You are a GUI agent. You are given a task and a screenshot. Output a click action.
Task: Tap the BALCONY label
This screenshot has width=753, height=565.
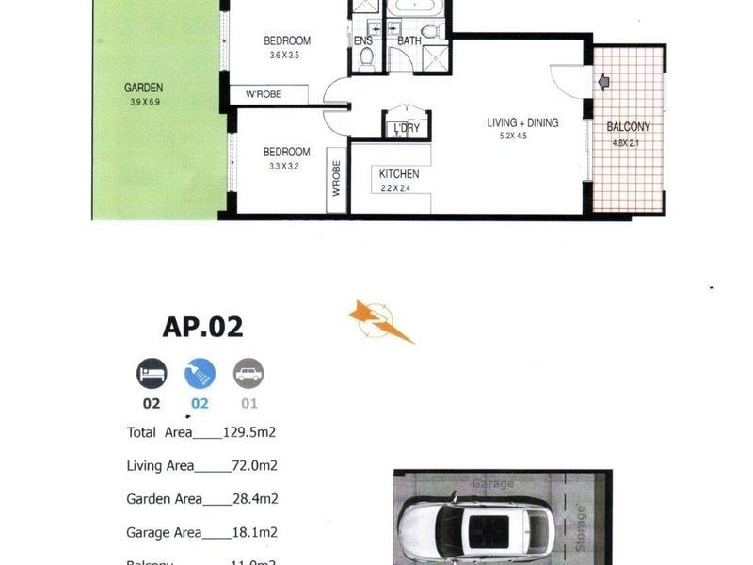[x=628, y=126]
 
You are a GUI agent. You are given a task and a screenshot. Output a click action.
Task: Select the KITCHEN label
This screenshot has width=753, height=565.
[x=399, y=174]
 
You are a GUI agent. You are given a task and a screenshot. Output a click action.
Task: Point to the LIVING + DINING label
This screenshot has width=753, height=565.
[x=522, y=122]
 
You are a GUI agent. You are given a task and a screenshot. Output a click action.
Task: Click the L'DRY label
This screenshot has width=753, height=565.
[x=407, y=128]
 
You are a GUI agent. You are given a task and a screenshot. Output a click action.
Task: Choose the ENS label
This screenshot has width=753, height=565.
[x=362, y=41]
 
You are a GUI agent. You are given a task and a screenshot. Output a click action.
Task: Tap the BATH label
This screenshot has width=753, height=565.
[x=409, y=41]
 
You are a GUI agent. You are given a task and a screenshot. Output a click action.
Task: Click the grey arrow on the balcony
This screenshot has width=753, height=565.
[x=603, y=83]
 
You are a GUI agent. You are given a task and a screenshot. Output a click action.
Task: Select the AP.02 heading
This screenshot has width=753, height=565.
[x=202, y=326]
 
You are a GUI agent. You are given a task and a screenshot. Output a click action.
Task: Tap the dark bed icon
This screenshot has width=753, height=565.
[x=152, y=374]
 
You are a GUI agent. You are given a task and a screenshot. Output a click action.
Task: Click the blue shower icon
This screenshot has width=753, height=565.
[x=200, y=374]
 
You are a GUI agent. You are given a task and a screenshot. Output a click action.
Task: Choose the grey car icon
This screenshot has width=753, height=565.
[x=248, y=374]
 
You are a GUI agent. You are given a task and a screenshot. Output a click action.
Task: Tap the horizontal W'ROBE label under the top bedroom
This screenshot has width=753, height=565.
[x=266, y=94]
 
